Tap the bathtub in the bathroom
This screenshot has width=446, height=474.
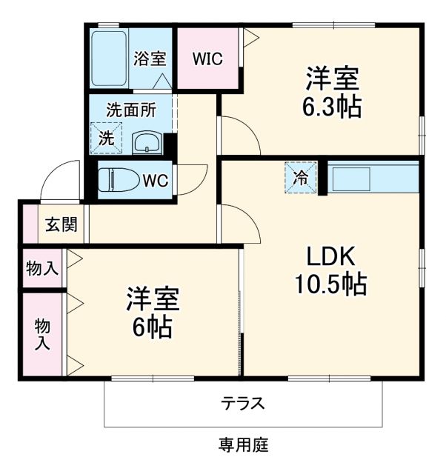tap(110, 58)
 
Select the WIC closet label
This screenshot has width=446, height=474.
tap(207, 59)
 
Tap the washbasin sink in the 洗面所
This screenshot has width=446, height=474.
tap(147, 141)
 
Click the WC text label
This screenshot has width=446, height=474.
tap(155, 180)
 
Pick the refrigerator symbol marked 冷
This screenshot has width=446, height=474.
tap(301, 178)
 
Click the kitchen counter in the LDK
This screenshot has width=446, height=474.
tap(373, 178)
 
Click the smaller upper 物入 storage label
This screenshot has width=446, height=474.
tap(41, 268)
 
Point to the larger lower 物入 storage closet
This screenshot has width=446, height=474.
tap(42, 335)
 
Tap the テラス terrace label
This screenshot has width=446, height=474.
tap(242, 404)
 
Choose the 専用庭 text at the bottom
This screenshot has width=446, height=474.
tap(242, 445)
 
